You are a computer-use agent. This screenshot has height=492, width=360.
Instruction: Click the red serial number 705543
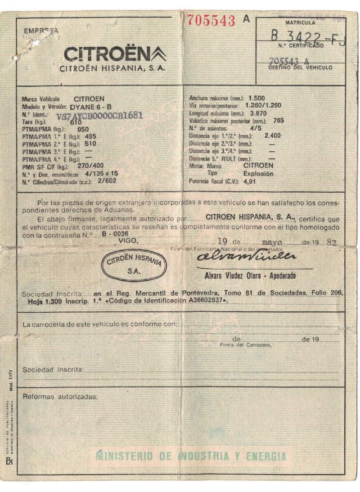[x=211, y=20]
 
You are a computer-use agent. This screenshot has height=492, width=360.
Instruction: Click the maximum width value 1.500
[x=256, y=98]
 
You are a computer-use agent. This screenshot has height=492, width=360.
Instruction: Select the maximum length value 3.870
[x=258, y=113]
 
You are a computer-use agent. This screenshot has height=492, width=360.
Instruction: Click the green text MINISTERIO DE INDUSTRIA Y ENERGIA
[x=191, y=457]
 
